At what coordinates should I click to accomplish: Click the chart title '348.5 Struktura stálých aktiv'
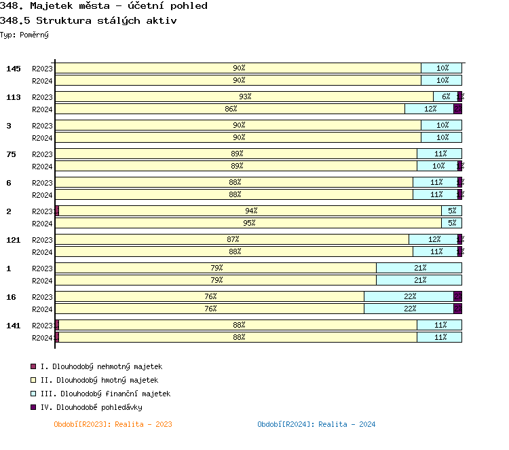[x=90, y=20]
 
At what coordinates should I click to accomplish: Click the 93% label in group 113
[x=245, y=97]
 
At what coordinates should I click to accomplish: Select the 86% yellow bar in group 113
[x=230, y=109]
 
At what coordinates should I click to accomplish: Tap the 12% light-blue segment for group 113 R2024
[x=429, y=109]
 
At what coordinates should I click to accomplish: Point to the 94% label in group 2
[x=251, y=211]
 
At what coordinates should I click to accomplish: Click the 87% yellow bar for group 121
[x=233, y=239]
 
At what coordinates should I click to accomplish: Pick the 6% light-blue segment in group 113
[x=445, y=97]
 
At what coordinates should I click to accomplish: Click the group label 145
[x=14, y=69]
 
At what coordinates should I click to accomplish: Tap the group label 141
[x=14, y=326]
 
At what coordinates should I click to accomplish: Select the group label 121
[x=14, y=240]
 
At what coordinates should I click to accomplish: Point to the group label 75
[x=11, y=154]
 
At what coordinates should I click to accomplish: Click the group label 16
[x=11, y=297]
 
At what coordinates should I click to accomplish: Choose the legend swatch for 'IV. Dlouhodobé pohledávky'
[x=33, y=407]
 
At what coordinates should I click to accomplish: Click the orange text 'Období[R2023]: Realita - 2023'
[x=113, y=424]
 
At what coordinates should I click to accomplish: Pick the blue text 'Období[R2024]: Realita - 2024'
[x=316, y=424]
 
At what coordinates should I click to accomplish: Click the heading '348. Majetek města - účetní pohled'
[x=104, y=6]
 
